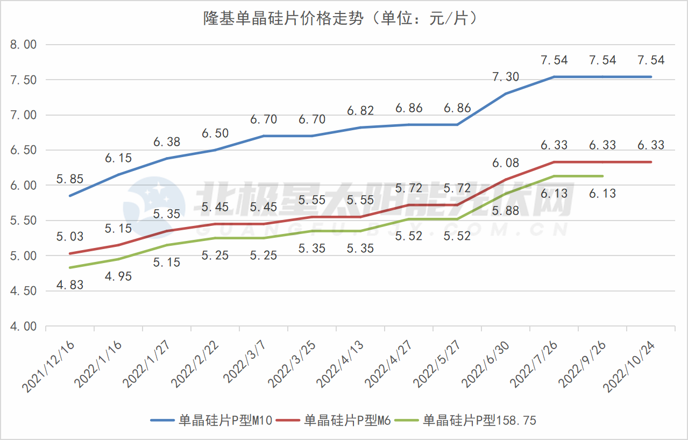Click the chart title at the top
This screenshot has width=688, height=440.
coord(341,19)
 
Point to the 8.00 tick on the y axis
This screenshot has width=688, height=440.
coord(23,45)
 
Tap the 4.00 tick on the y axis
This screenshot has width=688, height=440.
coord(23,327)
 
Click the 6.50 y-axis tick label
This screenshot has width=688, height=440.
coord(23,151)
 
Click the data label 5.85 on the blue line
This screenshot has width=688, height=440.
coord(70,179)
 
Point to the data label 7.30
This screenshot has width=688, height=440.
coord(506,77)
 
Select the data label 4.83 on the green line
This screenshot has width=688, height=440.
coord(70,285)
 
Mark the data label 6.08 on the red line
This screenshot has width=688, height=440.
coord(506,162)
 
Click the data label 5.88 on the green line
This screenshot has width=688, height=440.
coord(506,210)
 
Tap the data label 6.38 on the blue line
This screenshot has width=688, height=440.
coord(167,142)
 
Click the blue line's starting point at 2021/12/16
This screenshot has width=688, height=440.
coord(69,196)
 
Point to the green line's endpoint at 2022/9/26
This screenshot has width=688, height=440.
coord(603,176)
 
